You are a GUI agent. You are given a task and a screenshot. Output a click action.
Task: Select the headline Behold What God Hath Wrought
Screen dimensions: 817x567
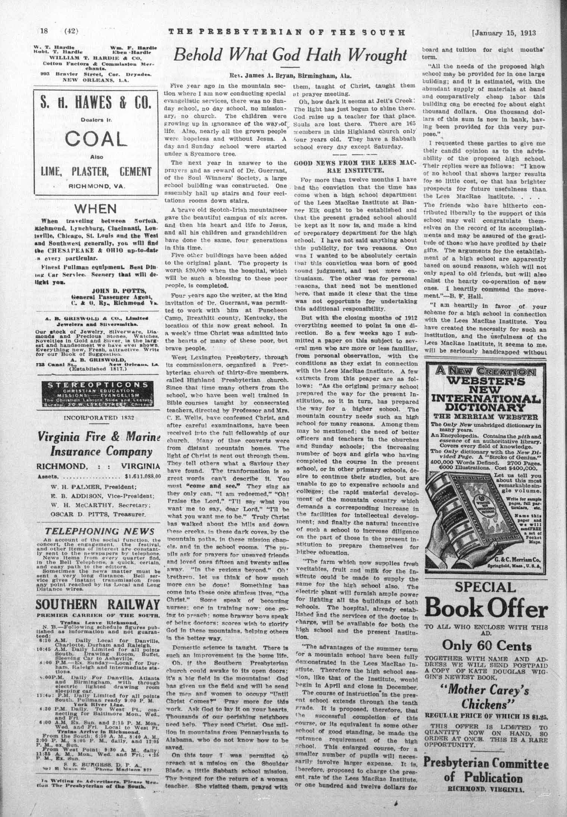pos(289,55)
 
